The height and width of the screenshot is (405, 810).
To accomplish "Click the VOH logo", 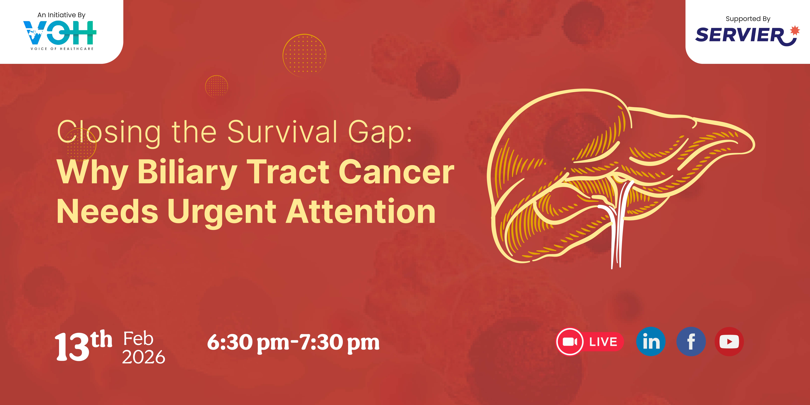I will [x=60, y=33].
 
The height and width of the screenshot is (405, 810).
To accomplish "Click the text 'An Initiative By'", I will [x=61, y=15].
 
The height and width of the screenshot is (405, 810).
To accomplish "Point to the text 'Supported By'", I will [x=748, y=19].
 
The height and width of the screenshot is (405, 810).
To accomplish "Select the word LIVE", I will [x=603, y=342].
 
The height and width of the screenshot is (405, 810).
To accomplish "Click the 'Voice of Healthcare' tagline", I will [x=62, y=49].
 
